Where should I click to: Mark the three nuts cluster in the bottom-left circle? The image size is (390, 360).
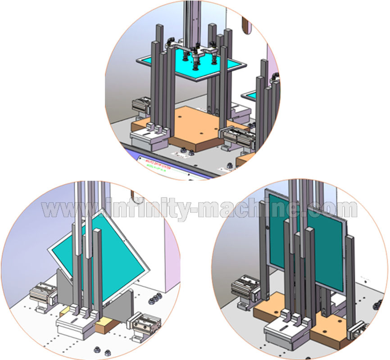point(154,300)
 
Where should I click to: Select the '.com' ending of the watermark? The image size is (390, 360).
point(331,210)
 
